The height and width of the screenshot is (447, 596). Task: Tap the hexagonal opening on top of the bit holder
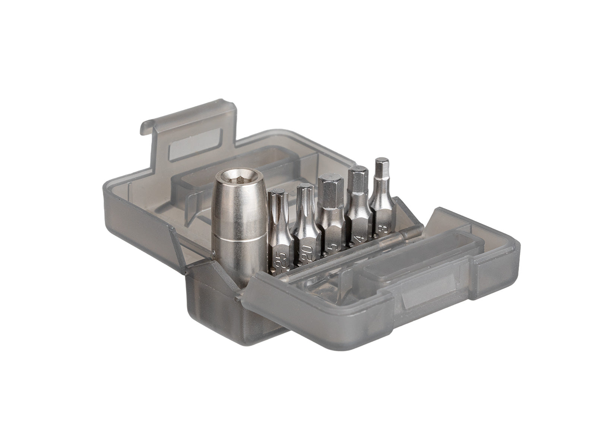232,174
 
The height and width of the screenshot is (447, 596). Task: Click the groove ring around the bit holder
231,242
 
